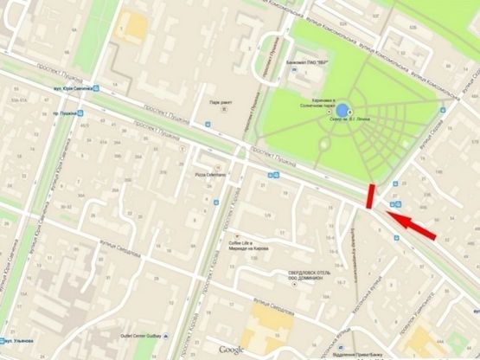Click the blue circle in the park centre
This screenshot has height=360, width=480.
point(342,110)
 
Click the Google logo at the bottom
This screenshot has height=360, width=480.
point(231,349)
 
